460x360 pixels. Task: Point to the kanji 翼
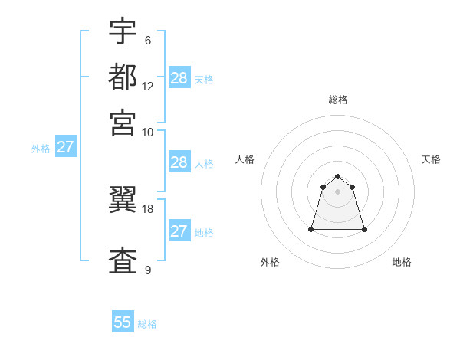pos(123,198)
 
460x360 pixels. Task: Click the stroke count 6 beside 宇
pos(148,41)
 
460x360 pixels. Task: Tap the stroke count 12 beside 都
pos(148,87)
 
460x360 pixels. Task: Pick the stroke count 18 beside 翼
pos(148,208)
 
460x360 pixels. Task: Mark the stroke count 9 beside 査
pos(148,270)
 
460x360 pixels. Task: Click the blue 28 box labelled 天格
pos(179,78)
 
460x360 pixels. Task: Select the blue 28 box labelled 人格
pos(179,162)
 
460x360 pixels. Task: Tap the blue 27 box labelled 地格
pos(179,231)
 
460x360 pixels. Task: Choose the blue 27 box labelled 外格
pos(65,147)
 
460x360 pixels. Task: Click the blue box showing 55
pos(123,322)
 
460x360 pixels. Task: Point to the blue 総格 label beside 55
pos(147,324)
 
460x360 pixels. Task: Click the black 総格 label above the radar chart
pos(337,100)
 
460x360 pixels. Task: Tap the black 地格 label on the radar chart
pos(402,262)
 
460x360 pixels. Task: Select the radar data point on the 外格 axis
pos(311,229)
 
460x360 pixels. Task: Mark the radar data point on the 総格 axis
pos(337,177)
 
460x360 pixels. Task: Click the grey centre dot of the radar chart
pos(337,191)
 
